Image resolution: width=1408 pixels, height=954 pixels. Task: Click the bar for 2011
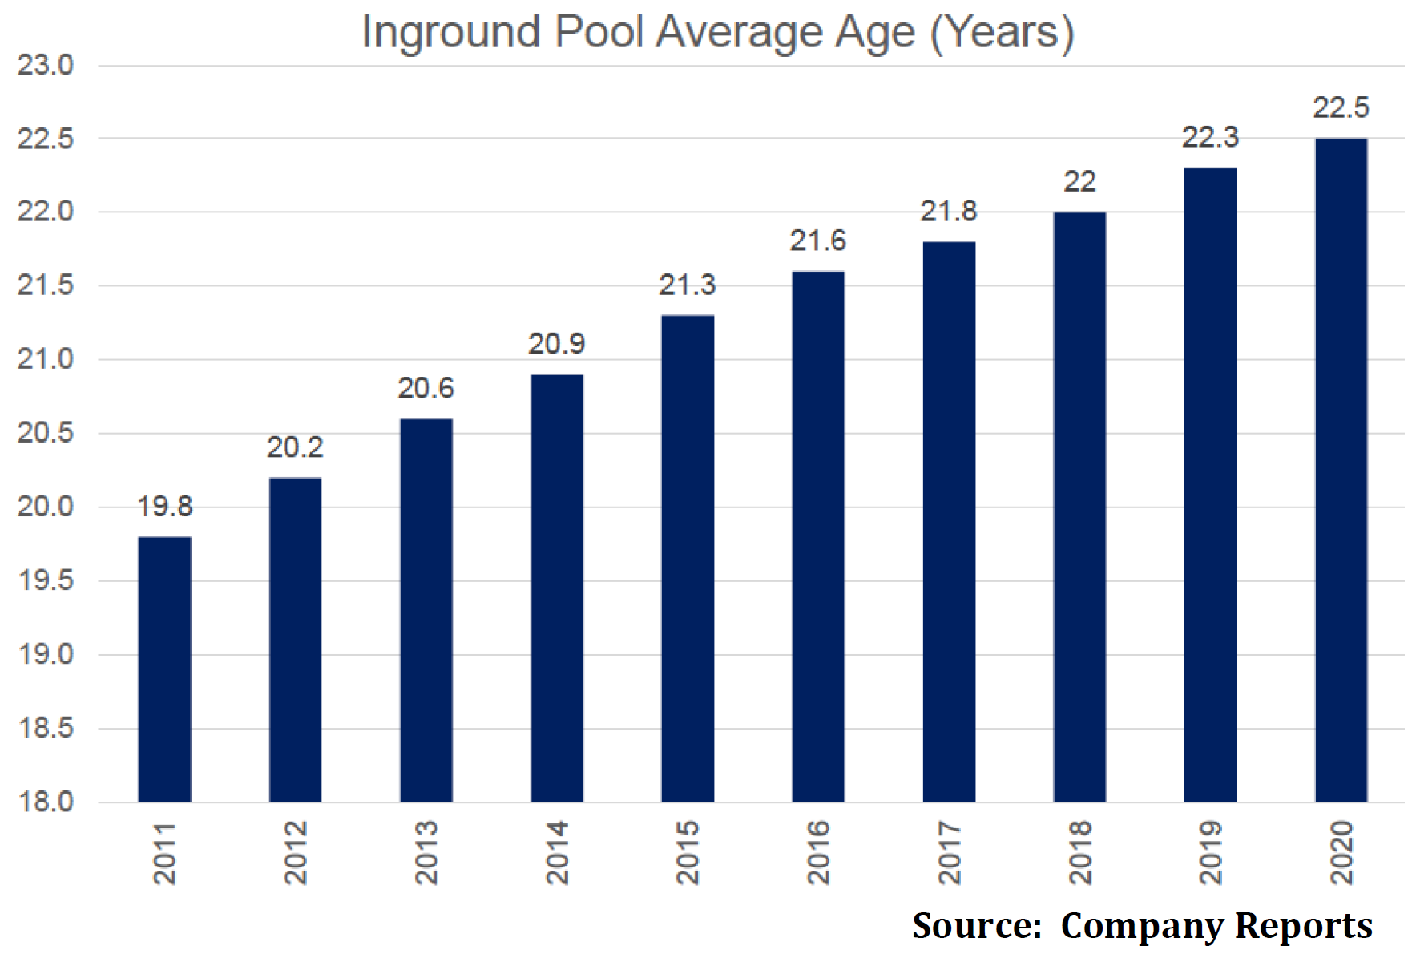(x=164, y=669)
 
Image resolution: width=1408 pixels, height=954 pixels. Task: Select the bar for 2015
(x=688, y=559)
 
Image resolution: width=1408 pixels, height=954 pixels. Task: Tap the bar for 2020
(x=1341, y=471)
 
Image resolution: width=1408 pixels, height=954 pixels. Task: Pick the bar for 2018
(x=1079, y=507)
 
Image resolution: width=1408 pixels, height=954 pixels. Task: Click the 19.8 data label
(x=165, y=507)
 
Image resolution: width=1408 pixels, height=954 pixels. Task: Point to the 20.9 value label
(x=556, y=344)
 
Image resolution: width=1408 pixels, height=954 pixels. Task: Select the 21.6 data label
(x=817, y=241)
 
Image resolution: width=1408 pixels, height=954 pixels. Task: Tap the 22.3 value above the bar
(x=1210, y=138)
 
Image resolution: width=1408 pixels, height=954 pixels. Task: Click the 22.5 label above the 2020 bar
(x=1341, y=107)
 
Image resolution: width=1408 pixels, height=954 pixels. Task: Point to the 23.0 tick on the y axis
(x=46, y=66)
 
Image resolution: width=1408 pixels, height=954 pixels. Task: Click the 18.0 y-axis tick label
(x=46, y=802)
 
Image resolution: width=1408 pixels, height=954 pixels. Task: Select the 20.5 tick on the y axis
(x=46, y=433)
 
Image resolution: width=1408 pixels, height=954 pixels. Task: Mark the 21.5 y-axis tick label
(x=46, y=285)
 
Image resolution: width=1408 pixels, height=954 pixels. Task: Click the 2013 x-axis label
(x=426, y=852)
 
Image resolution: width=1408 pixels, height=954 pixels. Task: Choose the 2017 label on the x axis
(x=949, y=852)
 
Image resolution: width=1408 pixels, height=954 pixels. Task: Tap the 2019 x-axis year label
(x=1210, y=852)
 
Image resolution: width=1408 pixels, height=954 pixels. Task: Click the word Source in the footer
(x=976, y=925)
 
